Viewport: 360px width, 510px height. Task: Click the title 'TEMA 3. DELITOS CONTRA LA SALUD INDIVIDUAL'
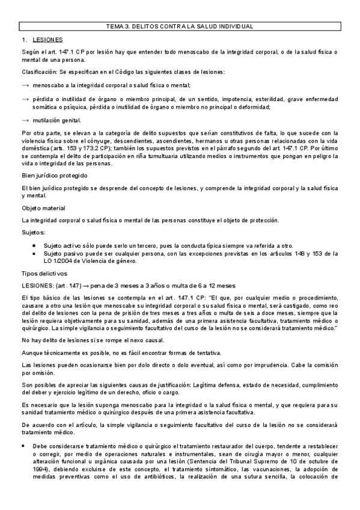[179, 26]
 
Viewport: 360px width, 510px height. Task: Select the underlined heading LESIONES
[47, 40]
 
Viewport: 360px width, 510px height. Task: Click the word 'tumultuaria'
[196, 156]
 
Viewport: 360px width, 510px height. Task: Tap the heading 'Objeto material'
[44, 207]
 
